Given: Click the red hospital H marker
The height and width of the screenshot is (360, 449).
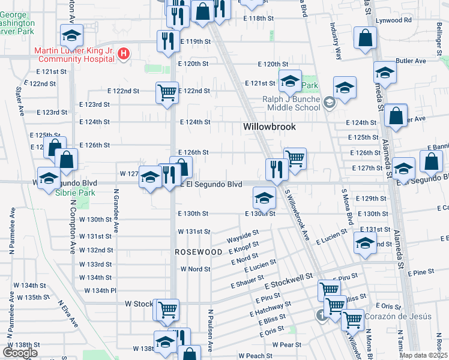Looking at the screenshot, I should coord(124,54).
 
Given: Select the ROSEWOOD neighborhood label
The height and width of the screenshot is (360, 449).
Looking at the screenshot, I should coord(199,253).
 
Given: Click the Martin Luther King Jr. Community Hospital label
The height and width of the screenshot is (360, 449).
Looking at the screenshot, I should coord(74,55).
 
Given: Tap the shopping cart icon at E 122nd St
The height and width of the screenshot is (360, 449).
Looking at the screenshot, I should coord(167,92).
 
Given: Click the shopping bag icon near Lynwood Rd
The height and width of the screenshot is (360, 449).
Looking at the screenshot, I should coord(366,38).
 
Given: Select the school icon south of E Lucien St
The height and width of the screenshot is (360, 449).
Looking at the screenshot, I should coord(364,244).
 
